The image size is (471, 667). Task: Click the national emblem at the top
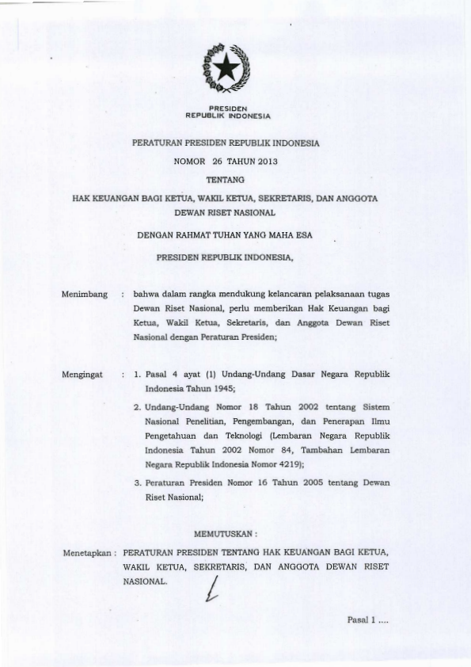point(227,68)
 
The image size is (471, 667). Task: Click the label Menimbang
point(84,295)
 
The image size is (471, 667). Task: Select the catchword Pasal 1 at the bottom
point(362,620)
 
